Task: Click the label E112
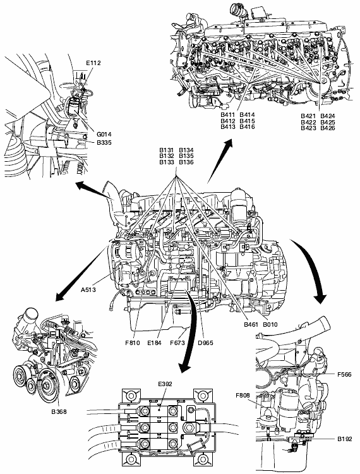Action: [93, 63]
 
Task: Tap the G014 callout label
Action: [104, 134]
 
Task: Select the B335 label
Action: [104, 143]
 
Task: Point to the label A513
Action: [88, 290]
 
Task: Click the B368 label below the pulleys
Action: [59, 411]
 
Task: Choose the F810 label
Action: [133, 343]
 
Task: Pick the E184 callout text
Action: [154, 343]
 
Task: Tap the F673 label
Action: [177, 343]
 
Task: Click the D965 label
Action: [206, 343]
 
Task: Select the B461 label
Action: [251, 325]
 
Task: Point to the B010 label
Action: [270, 325]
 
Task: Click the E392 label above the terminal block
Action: [165, 384]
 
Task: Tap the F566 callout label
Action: [345, 375]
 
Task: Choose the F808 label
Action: [243, 395]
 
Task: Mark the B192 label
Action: [345, 439]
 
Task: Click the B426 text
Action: [328, 128]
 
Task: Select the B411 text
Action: [228, 115]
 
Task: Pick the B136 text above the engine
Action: [186, 162]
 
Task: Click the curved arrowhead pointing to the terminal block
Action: [185, 367]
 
